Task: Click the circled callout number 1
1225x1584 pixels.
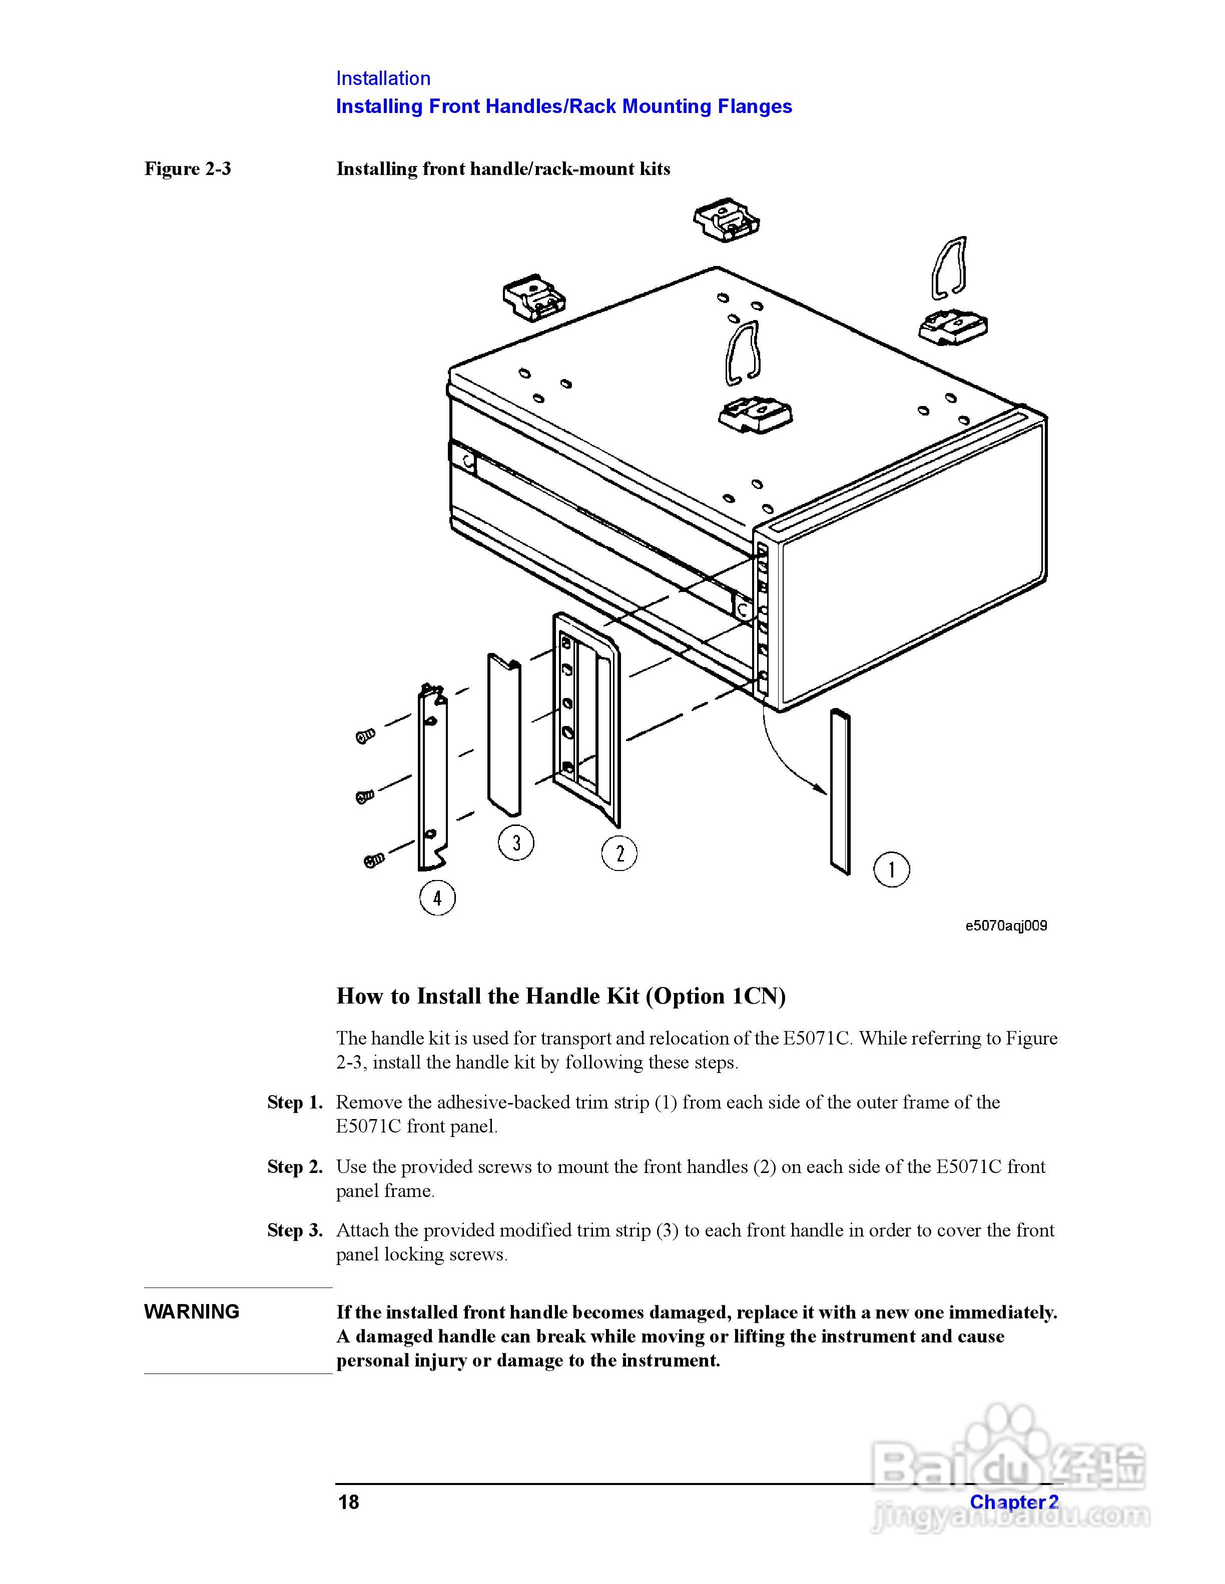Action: (x=891, y=869)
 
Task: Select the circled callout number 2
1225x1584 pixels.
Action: (x=619, y=853)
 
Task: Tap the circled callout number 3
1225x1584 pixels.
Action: (x=516, y=843)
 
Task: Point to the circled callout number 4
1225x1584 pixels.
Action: (x=437, y=898)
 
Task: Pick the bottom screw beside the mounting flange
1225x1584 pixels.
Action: (x=373, y=860)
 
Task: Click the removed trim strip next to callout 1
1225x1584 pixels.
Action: (x=840, y=791)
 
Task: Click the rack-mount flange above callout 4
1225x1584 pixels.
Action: (x=432, y=779)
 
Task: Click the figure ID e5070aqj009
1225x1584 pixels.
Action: (x=1006, y=925)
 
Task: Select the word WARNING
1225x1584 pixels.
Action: (x=192, y=1311)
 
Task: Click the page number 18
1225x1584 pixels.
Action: (x=348, y=1502)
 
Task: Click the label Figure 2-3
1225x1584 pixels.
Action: (x=187, y=169)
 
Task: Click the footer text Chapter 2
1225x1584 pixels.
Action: (x=1014, y=1502)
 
